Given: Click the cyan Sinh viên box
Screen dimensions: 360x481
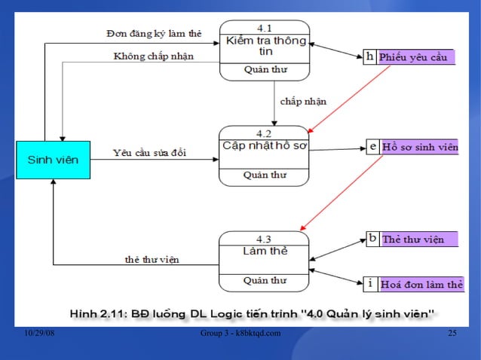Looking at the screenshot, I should [x=53, y=160].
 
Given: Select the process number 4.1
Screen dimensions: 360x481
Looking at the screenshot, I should [x=265, y=28].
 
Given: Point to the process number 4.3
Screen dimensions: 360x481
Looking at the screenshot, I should [x=264, y=239].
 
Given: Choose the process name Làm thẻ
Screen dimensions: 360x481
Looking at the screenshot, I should [x=265, y=250].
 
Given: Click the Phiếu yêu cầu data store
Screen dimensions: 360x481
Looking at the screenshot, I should [x=416, y=57].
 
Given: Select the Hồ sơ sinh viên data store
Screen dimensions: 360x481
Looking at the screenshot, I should [x=419, y=148].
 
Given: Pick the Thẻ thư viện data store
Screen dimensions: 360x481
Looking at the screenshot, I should [x=418, y=239].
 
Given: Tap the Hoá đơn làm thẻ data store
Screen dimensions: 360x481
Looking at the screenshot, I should [x=421, y=284].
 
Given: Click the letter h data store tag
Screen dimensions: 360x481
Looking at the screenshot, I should [x=370, y=57].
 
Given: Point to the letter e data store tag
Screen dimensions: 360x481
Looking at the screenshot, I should [x=373, y=148].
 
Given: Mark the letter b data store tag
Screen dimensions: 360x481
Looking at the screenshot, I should [x=372, y=239].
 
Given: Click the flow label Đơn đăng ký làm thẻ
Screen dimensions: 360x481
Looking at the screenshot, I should [x=154, y=34].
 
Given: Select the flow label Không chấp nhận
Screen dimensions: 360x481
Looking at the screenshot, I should [x=154, y=56].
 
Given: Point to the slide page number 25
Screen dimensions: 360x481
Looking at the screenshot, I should [x=452, y=334].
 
